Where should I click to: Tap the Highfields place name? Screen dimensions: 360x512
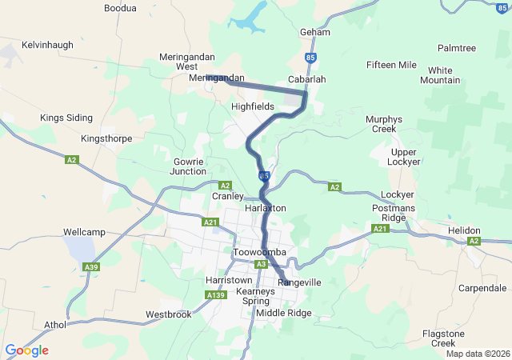[252, 106]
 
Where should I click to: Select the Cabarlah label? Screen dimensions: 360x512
[306, 80]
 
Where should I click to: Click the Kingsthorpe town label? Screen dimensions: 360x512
[106, 138]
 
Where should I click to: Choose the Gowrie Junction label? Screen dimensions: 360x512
[190, 166]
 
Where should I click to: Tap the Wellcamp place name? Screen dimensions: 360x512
[85, 232]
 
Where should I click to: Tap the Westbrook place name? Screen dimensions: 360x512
[169, 314]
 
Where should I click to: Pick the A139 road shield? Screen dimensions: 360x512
[215, 296]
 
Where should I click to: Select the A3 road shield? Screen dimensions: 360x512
[261, 264]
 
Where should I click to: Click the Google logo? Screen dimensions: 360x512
[26, 350]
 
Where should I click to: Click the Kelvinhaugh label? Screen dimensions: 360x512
[47, 45]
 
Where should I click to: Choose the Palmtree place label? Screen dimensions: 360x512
[457, 49]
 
